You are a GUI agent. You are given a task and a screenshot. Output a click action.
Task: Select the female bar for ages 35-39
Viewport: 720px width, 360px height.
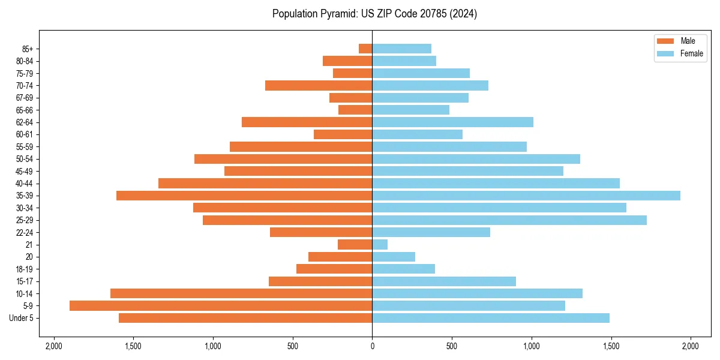526,196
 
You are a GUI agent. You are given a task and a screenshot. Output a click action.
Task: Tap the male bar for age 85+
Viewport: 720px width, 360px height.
365,49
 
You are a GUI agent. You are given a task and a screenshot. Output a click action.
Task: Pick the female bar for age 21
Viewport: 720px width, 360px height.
380,244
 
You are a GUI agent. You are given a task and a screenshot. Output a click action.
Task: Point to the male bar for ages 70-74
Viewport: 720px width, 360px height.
319,85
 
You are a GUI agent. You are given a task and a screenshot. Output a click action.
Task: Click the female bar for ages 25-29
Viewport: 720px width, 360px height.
509,220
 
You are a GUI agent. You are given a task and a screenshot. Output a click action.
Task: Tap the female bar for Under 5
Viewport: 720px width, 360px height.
491,318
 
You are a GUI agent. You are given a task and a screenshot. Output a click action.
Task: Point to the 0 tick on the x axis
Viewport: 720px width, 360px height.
372,346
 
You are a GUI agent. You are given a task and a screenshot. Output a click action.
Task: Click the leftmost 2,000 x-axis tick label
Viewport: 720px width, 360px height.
54,346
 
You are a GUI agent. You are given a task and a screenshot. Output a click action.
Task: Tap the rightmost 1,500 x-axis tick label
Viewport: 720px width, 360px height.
611,346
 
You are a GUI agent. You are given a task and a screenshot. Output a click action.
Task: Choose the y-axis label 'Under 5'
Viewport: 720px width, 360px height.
22,318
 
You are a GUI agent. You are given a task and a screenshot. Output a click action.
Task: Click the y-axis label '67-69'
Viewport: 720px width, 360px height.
25,98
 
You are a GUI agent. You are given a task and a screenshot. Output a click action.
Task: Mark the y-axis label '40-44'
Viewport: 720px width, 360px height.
25,184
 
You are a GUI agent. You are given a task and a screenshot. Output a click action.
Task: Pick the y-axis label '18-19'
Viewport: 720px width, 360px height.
25,269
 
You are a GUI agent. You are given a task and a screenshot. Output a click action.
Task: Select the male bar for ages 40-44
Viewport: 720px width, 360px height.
265,183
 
